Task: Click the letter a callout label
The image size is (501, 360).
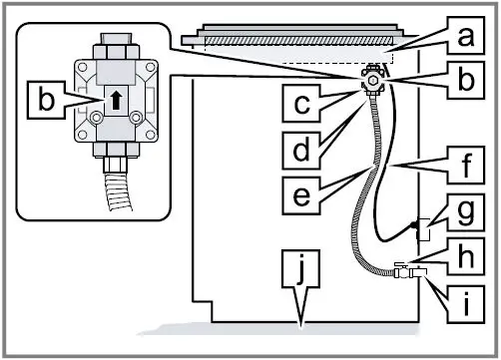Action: click(x=461, y=39)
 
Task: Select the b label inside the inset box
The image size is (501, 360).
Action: click(x=45, y=100)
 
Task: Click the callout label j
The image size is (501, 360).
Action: click(x=299, y=270)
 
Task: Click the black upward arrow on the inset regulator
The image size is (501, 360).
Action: click(x=116, y=100)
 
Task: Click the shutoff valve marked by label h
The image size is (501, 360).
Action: click(x=404, y=269)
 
